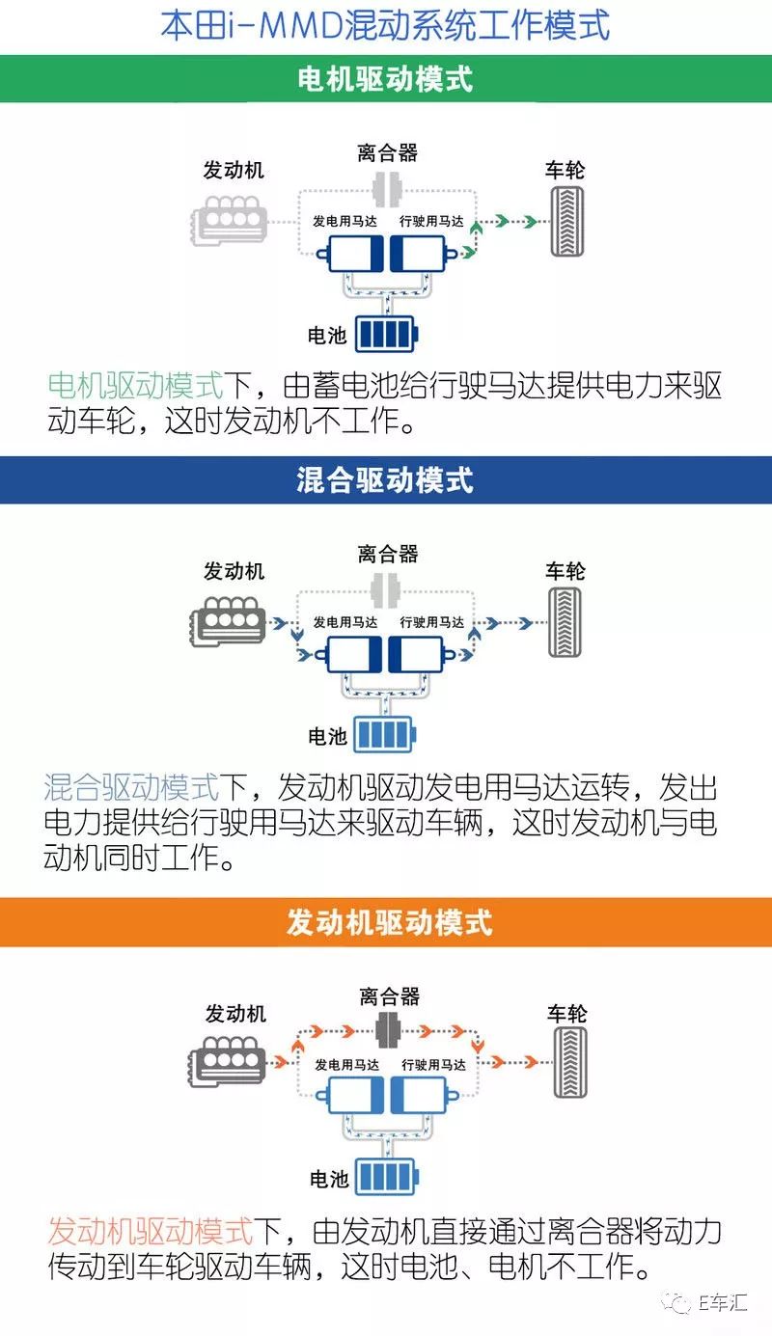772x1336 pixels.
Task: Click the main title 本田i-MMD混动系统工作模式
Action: pos(385,26)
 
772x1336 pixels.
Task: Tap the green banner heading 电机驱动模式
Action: pos(385,79)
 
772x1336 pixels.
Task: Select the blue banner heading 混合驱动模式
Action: pos(385,480)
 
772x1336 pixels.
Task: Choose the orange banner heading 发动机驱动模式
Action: pos(390,921)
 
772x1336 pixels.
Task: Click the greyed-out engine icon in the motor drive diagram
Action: pos(229,220)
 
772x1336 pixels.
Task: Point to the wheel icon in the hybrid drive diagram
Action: pos(565,622)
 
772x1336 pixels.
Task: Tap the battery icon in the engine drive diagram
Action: pos(387,1176)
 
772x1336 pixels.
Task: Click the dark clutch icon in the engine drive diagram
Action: pos(388,1030)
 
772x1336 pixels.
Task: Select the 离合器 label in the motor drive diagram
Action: pos(388,152)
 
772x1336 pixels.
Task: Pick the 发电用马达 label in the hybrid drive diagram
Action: pos(345,622)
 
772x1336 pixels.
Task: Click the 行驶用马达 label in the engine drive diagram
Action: pos(433,1065)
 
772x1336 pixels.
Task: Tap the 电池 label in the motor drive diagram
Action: pos(327,335)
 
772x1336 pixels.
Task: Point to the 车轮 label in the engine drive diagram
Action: pos(567,1013)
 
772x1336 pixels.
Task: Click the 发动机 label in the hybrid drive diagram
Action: pos(234,571)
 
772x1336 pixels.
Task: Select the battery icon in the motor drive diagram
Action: pos(387,334)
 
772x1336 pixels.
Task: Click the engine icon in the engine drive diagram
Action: pos(228,1062)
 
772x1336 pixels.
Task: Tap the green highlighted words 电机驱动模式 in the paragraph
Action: pos(135,385)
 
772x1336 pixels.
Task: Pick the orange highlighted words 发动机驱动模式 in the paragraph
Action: pos(151,1231)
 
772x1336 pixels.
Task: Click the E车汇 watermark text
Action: pos(723,1303)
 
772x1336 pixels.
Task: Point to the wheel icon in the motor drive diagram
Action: pos(566,221)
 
